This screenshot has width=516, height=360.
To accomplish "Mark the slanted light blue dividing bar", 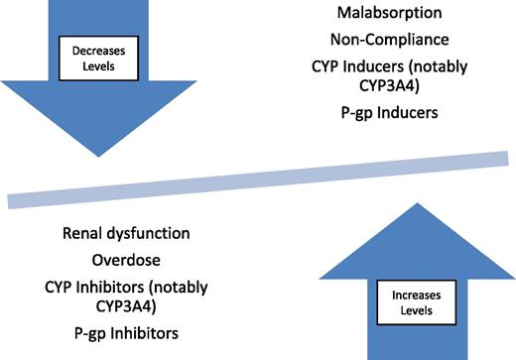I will (258, 177).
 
